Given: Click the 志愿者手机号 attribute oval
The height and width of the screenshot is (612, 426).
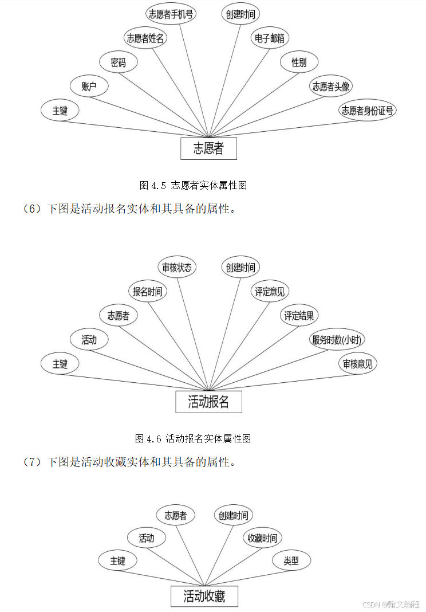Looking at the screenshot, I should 171,14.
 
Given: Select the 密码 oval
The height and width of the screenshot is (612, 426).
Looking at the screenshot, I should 119,62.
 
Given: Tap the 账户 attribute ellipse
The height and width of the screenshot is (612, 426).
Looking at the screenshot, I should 89,87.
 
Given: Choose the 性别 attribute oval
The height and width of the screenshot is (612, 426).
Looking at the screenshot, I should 299,62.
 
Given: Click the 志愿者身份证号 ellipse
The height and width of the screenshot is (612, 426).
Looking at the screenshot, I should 367,111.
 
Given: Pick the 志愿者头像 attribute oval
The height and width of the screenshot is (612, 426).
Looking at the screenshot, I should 332,87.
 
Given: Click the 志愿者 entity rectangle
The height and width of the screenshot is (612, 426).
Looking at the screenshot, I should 208,149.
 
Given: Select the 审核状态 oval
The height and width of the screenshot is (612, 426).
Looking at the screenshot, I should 177,267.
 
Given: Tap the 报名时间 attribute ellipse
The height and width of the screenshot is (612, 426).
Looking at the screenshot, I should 147,291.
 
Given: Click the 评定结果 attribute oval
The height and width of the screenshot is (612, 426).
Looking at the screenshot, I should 299,315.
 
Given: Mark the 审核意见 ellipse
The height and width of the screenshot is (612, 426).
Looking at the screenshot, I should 358,364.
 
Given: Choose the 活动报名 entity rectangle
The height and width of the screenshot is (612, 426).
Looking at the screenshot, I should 208,402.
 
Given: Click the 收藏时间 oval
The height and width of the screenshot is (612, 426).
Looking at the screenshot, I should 262,538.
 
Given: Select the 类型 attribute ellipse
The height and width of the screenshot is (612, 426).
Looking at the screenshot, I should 291,561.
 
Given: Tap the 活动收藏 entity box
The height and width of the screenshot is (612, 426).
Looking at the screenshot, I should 204,597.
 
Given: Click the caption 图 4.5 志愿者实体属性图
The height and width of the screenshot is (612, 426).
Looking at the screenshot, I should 194,185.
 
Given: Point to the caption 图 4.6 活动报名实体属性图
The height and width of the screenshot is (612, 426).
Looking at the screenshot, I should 194,439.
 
